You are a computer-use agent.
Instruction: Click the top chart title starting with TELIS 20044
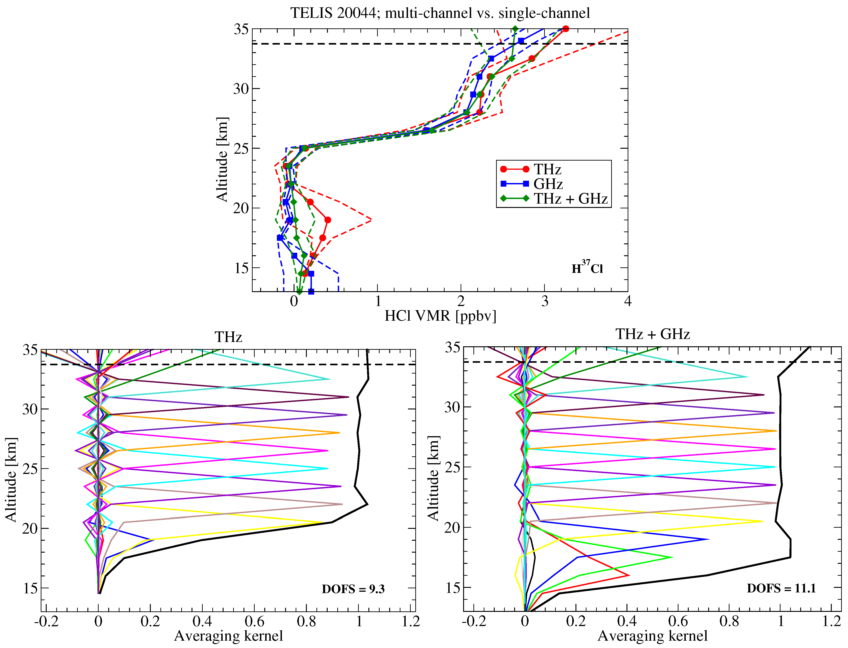[x=440, y=13]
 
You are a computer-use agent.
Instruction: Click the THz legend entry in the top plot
[x=547, y=169]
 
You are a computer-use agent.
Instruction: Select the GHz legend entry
[x=548, y=184]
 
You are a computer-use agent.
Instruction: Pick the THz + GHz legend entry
[x=570, y=199]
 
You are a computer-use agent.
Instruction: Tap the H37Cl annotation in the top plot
[x=587, y=268]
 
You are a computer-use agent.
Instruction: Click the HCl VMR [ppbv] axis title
[x=440, y=316]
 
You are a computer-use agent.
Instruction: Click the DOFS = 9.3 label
[x=353, y=589]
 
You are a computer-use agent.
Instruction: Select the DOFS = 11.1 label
[x=781, y=588]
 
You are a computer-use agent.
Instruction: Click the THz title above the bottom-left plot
[x=228, y=337]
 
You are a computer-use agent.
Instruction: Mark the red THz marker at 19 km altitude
[x=327, y=220]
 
